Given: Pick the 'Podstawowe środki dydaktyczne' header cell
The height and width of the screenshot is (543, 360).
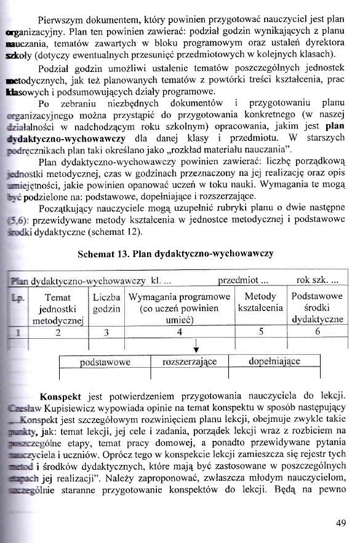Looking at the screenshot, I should (x=318, y=308).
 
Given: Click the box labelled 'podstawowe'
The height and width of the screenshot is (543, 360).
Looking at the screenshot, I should (x=105, y=363).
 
